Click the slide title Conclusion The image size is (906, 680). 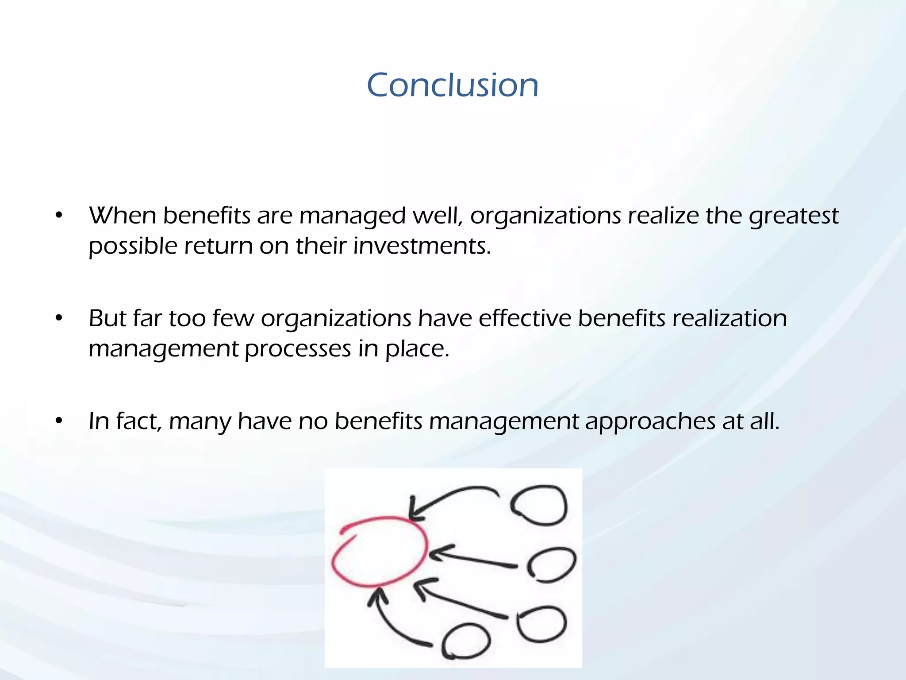[453, 85]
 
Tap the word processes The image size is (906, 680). [298, 349]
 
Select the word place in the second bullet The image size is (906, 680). [417, 349]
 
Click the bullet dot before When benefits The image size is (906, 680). [59, 216]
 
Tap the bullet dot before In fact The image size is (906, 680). [59, 421]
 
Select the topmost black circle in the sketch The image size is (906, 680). [539, 505]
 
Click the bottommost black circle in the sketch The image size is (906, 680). [466, 641]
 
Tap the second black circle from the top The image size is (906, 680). [551, 564]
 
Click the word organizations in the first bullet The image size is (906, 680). [545, 216]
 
